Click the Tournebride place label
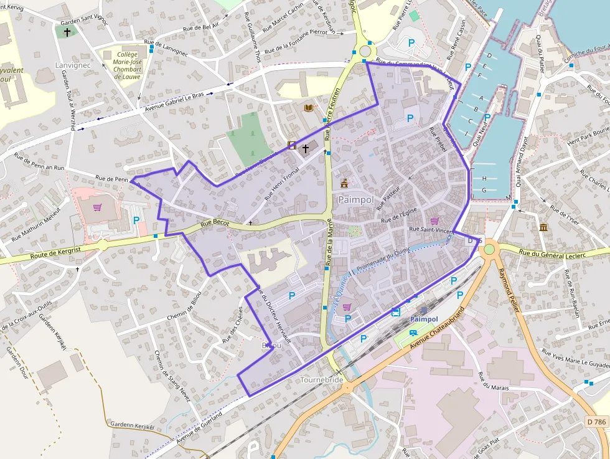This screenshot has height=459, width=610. point(322,379)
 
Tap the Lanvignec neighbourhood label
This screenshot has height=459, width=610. point(74,65)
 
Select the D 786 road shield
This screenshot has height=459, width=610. point(596,422)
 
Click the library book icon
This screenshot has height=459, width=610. point(308,108)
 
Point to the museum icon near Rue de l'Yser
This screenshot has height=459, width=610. point(544,227)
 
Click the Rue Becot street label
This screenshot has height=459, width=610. point(215,223)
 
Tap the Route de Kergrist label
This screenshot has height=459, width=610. point(56,252)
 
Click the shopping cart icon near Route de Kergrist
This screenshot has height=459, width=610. point(97,207)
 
